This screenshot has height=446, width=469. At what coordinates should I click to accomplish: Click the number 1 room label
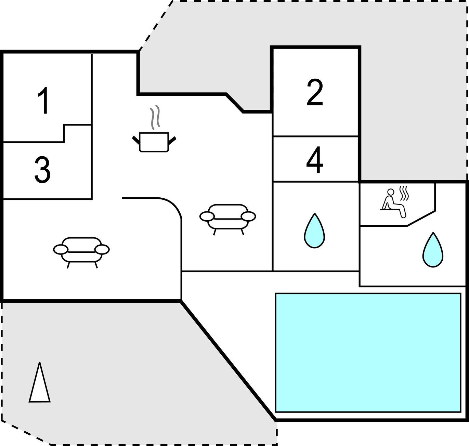tap(44, 101)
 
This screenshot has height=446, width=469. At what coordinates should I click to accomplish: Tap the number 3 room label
tap(42, 170)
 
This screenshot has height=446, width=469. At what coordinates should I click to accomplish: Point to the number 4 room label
tap(315, 160)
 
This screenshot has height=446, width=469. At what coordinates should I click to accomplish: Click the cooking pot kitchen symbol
tap(154, 142)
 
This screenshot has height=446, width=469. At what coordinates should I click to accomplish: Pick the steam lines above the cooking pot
tap(155, 117)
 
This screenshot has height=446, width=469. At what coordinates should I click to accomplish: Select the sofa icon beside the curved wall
tap(227, 220)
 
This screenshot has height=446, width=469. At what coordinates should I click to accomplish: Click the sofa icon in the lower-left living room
tap(81, 253)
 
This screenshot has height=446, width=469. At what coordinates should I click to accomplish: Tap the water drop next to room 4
tap(314, 231)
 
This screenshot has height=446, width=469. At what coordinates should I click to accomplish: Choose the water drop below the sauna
tap(433, 250)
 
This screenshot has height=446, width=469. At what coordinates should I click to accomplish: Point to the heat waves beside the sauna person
tap(404, 194)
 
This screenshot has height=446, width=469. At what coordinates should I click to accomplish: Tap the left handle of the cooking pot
tap(136, 140)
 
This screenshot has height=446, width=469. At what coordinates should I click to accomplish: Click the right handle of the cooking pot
tap(172, 140)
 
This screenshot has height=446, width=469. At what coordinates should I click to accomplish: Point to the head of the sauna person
tap(391, 192)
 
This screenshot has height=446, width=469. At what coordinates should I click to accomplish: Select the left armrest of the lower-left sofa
tap(61, 249)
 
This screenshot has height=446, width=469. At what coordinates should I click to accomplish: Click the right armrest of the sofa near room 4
tap(248, 216)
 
